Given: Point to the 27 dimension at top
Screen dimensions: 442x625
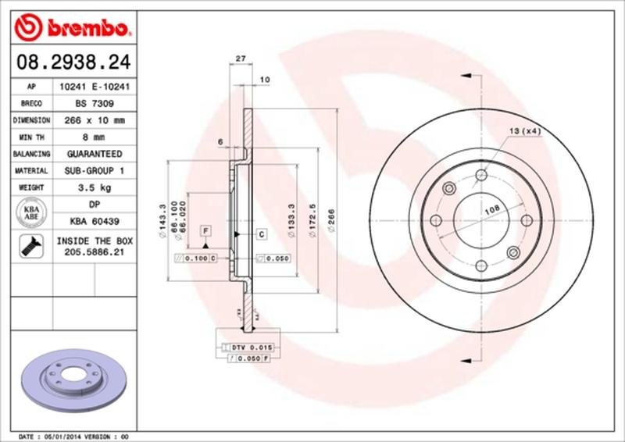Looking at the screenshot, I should [241, 59].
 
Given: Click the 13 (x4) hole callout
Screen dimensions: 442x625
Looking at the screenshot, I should [525, 130].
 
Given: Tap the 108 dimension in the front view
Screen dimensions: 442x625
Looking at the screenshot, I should [491, 209].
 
